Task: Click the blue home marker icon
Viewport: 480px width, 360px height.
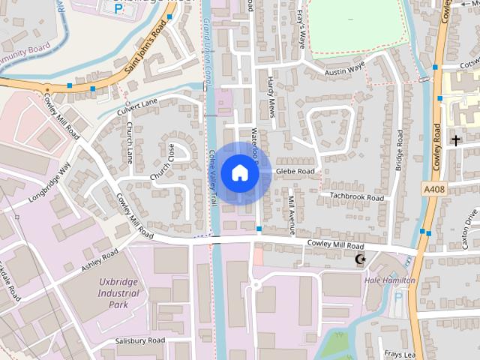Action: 239,172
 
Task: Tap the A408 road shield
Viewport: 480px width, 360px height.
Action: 433,190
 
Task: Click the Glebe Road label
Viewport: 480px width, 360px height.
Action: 295,172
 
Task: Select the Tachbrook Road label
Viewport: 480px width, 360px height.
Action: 357,197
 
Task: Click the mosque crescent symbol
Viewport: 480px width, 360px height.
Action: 360,259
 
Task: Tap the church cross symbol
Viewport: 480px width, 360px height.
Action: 455,139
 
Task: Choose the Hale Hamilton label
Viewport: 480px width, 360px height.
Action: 389,280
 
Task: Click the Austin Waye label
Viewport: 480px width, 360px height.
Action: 345,69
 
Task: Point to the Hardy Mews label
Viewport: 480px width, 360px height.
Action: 271,94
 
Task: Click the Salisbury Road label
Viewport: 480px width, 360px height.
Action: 140,340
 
